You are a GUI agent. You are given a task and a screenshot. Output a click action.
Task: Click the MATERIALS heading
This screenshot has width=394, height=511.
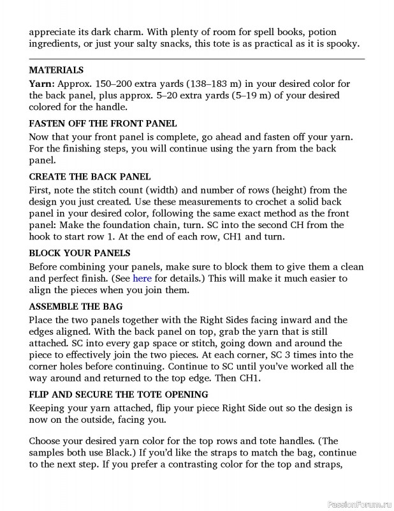pos(56,70)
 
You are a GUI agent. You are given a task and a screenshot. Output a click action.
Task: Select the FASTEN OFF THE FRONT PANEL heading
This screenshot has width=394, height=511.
pos(103,123)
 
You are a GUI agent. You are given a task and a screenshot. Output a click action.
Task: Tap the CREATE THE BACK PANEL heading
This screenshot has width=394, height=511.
pos(89,176)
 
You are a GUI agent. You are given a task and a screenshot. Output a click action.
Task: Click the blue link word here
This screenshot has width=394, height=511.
pos(142,278)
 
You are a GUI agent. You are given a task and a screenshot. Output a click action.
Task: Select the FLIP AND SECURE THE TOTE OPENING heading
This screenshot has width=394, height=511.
pos(119,394)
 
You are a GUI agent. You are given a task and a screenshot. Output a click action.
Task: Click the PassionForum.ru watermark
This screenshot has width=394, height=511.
pos(358,503)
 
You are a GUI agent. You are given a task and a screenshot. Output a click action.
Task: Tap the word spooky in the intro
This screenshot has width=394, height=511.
pos(344,44)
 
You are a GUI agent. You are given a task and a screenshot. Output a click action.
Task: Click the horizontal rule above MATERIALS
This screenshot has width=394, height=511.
pos(196,59)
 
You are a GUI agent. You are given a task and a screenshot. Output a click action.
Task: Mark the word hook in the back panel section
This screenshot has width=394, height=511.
pos(40,237)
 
